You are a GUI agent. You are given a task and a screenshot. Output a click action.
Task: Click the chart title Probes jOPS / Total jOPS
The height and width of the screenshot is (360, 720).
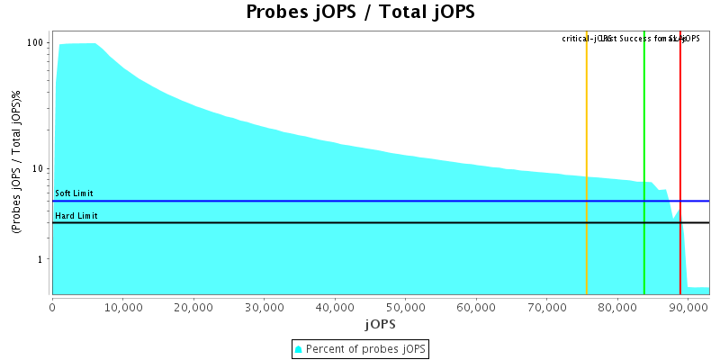tap(360, 13)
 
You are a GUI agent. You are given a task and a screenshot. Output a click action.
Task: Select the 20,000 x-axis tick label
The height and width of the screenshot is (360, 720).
tap(193, 307)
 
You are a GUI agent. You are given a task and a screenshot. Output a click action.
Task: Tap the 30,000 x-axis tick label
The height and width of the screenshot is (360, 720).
tap(264, 307)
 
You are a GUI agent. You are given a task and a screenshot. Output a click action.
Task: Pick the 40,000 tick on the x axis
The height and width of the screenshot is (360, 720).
tap(335, 307)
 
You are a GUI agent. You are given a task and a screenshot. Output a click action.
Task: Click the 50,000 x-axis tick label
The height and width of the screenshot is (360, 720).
tap(405, 307)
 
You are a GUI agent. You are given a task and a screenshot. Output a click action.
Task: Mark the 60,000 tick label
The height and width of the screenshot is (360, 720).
tap(476, 307)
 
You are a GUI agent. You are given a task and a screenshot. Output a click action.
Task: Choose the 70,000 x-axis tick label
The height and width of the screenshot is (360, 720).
tap(546, 307)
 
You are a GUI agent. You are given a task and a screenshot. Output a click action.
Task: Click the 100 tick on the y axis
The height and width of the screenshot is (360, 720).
tap(36, 42)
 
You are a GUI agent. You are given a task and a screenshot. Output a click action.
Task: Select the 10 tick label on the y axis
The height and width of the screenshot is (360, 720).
tap(40, 168)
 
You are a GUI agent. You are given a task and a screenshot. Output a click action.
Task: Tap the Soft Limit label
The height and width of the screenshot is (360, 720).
tap(74, 193)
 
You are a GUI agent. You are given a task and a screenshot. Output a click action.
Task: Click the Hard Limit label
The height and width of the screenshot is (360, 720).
tap(76, 216)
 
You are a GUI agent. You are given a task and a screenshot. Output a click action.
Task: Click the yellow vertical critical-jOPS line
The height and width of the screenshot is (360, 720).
tap(587, 162)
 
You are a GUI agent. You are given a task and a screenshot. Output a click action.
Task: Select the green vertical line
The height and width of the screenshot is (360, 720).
tap(644, 162)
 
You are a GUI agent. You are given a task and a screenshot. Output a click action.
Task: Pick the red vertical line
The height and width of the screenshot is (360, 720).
tap(680, 162)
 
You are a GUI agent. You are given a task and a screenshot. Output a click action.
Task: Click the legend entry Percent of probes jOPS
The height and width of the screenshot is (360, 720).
tap(366, 348)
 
